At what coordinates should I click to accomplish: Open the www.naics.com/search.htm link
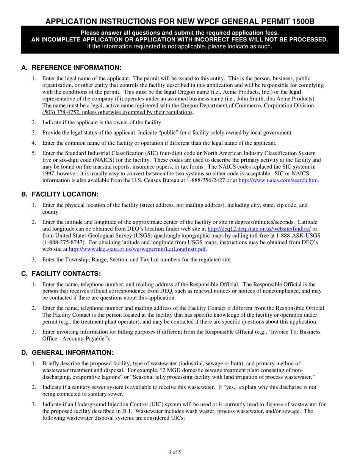pyautogui.click(x=278, y=180)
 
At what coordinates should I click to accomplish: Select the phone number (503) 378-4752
pyautogui.click(x=58, y=112)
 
